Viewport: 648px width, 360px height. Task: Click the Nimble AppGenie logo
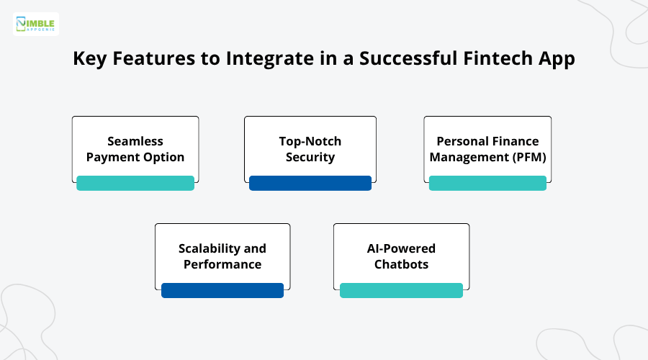36,24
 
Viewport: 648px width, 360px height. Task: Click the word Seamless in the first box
135,141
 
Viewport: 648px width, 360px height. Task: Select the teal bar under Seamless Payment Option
135,183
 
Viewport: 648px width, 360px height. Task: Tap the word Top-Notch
310,141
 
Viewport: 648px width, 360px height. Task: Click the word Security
310,157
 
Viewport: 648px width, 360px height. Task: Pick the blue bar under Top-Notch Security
310,183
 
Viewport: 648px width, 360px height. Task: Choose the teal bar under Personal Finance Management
487,183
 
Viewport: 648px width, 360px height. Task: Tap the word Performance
222,264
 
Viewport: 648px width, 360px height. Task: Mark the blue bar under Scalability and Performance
222,290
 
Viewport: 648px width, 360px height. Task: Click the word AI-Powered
401,248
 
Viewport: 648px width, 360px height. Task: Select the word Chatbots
401,264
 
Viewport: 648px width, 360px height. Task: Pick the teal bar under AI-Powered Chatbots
401,290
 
